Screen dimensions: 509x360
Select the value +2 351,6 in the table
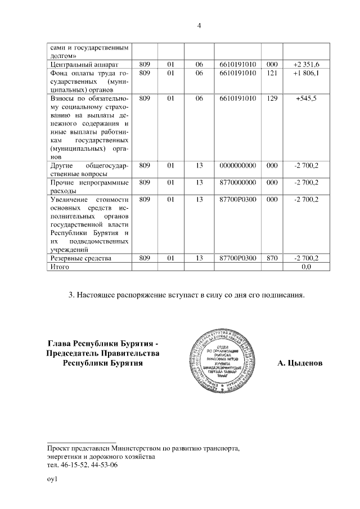306,65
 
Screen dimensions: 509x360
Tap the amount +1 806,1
306,73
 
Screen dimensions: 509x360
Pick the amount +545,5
306,98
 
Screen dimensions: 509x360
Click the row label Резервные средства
81,258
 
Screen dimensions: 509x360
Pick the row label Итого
60,267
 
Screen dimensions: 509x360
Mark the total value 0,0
307,267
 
